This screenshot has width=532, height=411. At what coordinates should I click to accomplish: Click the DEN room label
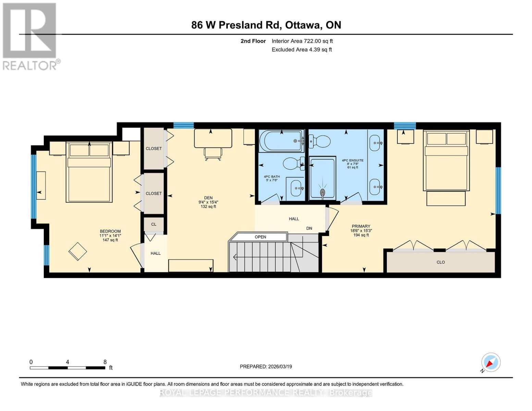tap(208, 198)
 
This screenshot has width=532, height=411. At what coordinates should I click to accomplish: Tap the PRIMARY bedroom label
tap(361, 226)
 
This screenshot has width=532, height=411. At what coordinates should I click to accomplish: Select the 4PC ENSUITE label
tap(352, 160)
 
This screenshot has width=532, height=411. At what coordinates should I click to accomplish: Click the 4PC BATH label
tap(272, 177)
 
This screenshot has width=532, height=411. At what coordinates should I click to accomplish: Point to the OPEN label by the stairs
tap(260, 237)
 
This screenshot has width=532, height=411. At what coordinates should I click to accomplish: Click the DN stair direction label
tap(309, 228)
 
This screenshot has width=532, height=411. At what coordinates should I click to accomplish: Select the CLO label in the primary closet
tap(441, 262)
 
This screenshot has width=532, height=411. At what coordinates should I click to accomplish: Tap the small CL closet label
tap(153, 224)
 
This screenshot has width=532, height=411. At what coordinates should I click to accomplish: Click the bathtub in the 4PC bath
tap(281, 141)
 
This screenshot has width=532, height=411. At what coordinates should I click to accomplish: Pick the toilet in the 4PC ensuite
tap(320, 141)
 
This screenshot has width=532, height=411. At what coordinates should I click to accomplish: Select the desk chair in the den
tap(213, 154)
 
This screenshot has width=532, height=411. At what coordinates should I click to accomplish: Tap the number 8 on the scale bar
tap(105, 362)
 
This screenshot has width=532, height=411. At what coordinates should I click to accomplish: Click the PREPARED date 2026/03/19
tap(265, 366)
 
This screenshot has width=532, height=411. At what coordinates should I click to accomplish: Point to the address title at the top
tap(266, 25)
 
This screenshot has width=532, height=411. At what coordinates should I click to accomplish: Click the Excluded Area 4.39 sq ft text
tap(301, 50)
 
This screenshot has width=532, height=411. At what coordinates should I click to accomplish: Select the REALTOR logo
tap(30, 36)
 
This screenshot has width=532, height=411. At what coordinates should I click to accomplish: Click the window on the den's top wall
tap(183, 125)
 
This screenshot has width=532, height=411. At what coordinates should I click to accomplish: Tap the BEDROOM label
tap(110, 232)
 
